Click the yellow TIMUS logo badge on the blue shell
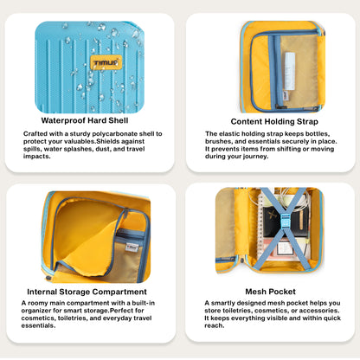106,62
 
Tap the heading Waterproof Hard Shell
85,120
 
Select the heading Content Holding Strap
274,121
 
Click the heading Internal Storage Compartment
87,292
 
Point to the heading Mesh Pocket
270,292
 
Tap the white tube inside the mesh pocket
290,71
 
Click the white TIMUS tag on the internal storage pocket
132,247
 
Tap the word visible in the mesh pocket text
276,318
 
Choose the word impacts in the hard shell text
36,157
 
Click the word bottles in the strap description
318,134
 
